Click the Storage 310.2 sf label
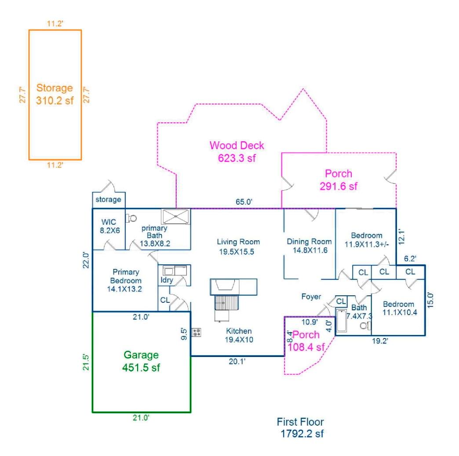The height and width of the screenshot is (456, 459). (55, 94)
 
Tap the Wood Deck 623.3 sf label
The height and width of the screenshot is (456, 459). (237, 151)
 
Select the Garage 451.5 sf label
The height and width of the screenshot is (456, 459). (141, 361)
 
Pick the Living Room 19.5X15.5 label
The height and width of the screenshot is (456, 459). (238, 246)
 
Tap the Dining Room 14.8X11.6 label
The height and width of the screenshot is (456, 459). (309, 245)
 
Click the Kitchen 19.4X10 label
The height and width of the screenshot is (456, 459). (239, 335)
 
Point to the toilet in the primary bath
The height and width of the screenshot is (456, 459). (131, 217)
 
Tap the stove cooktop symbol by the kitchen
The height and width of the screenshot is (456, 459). (197, 332)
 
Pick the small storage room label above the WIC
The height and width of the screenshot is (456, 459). (109, 199)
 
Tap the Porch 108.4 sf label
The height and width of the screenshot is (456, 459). (306, 341)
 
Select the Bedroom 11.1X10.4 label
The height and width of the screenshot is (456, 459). (398, 308)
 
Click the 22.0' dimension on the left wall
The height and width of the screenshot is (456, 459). (87, 260)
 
